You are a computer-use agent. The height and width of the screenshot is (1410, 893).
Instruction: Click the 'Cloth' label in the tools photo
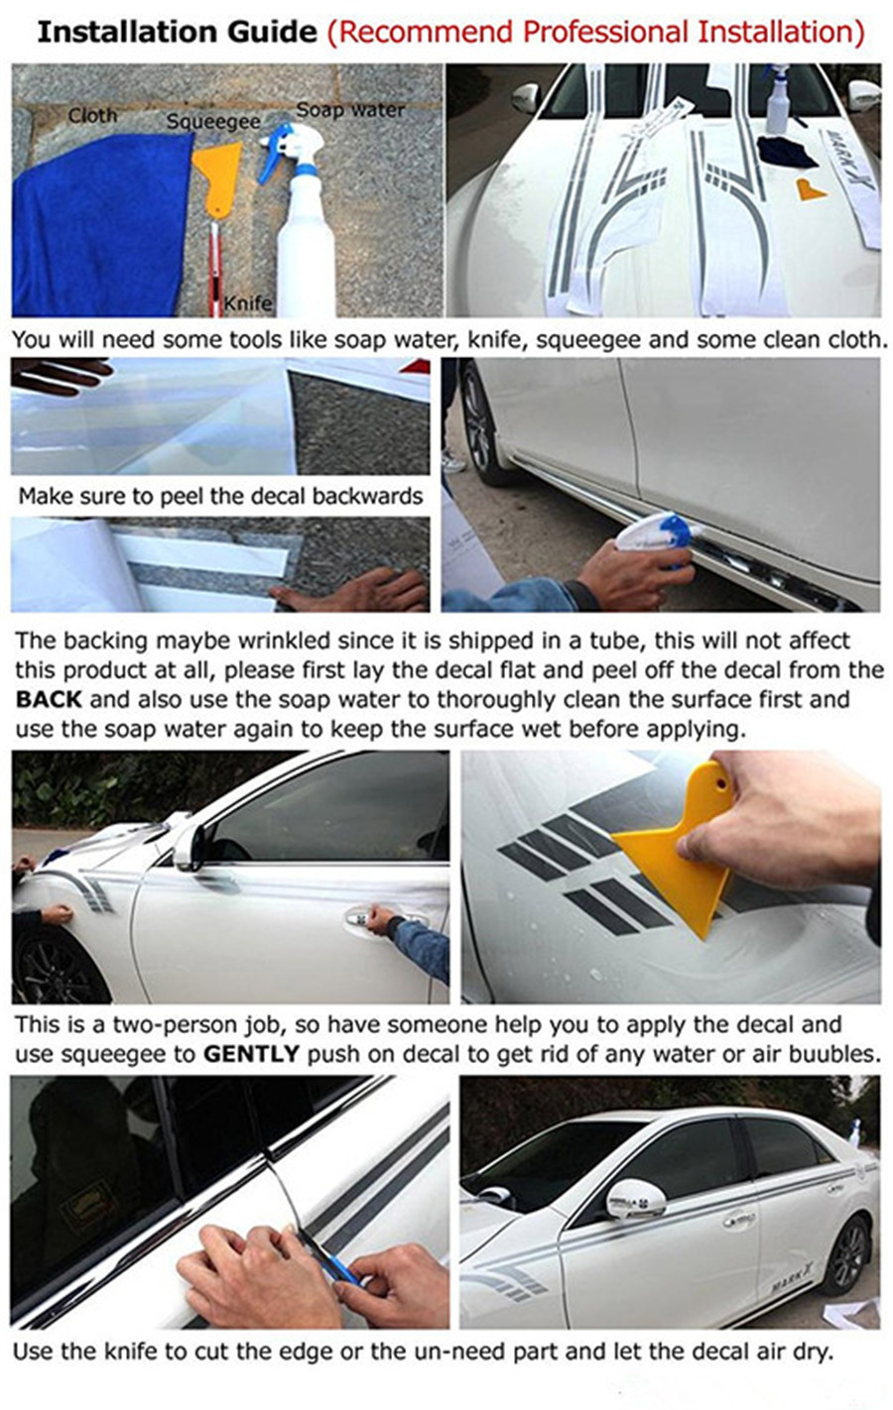point(92,116)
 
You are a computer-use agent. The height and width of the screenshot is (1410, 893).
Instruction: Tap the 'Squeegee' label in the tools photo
point(213,122)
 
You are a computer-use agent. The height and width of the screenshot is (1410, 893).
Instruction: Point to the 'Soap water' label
point(350,110)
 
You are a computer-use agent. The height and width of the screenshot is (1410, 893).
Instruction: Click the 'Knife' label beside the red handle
point(248,303)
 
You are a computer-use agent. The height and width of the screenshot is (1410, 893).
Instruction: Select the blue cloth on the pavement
point(101,227)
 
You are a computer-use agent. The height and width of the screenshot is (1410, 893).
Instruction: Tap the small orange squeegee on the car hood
point(811,190)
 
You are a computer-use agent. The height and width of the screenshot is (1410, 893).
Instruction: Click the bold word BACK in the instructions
point(49,699)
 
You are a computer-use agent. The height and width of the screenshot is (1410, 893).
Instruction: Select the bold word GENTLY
point(251,1054)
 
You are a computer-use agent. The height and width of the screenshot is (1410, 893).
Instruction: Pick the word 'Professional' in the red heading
point(604,32)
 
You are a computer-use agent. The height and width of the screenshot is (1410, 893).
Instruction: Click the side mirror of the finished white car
point(636,1198)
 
